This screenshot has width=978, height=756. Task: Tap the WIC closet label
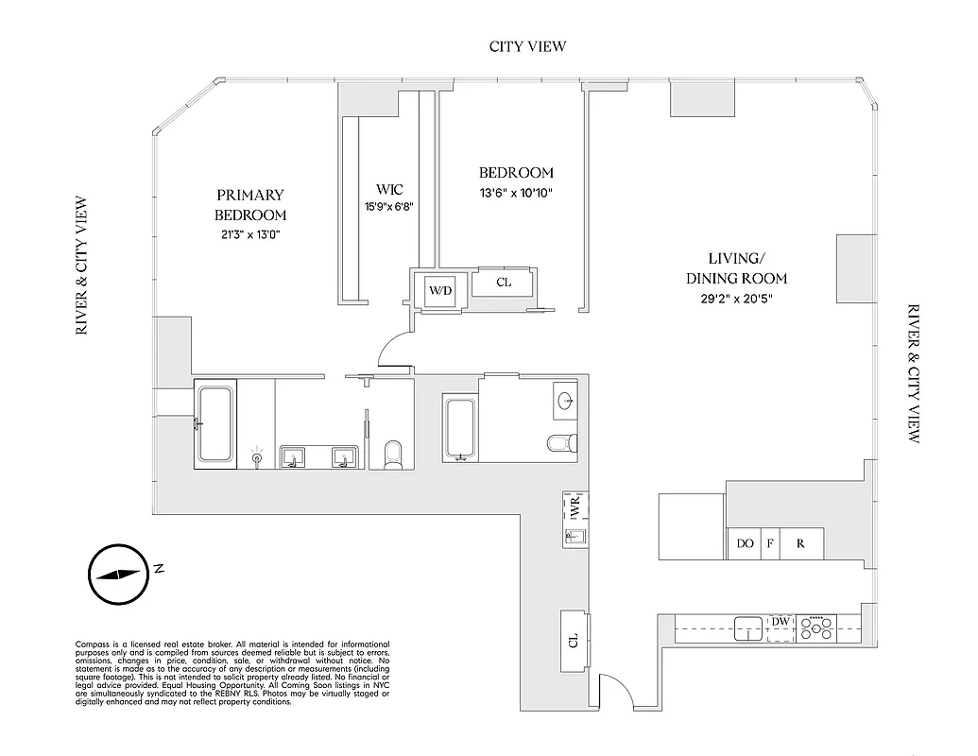[389, 190]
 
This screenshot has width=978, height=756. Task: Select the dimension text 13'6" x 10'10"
[515, 193]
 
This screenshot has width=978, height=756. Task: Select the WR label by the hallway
[574, 508]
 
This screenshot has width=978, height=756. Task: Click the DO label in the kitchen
[745, 543]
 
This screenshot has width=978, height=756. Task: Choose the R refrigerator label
[800, 543]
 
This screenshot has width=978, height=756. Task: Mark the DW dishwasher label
[781, 621]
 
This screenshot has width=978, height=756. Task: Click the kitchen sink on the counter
[748, 627]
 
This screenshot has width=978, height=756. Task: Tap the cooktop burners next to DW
[816, 627]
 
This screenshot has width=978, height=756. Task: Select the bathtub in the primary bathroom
[215, 423]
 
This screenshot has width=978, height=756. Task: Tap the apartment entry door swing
[615, 690]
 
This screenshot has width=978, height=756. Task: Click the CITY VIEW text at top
[527, 46]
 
